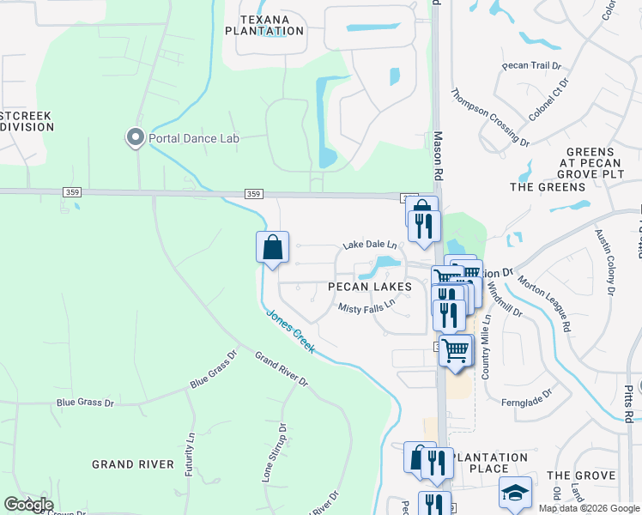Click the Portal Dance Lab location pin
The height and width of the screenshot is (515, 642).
pos(135,137)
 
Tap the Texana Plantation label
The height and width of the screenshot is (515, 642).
pos(264,25)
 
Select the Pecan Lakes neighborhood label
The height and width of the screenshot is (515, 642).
pos(370,287)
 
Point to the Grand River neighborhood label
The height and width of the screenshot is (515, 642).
pos(127,464)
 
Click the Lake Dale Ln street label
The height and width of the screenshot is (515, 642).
pos(371,245)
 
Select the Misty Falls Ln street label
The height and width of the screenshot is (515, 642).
pos(366,305)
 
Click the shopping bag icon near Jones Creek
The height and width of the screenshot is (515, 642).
pos(272,248)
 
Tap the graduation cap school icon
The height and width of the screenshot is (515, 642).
pos(514,493)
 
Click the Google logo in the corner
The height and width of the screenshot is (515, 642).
pos(28,505)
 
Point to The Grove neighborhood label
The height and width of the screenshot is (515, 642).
pos(581,476)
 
